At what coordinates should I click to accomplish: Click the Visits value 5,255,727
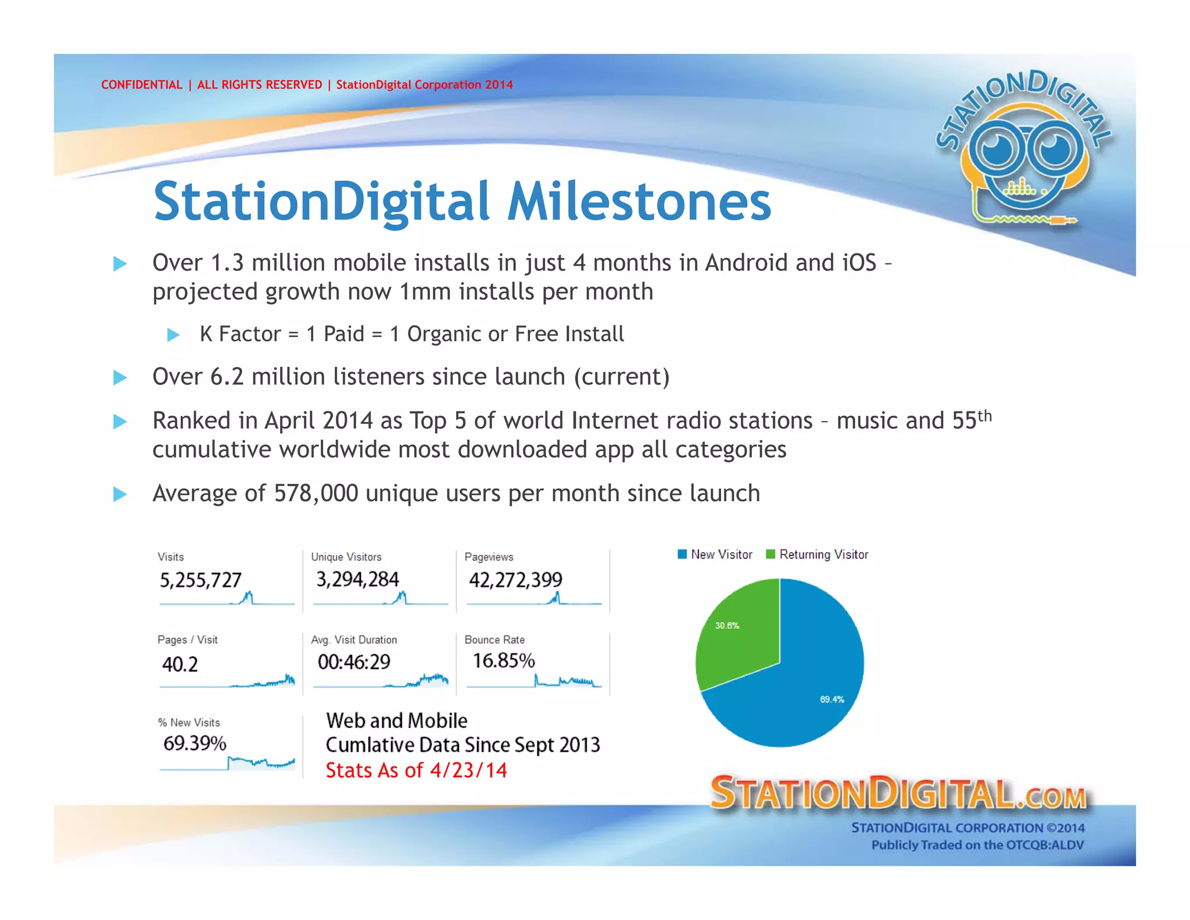point(200,580)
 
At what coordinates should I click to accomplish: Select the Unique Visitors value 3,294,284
point(357,579)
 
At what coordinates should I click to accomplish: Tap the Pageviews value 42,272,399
point(515,580)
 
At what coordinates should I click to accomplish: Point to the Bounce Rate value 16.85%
point(503,661)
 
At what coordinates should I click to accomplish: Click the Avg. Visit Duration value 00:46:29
point(354,662)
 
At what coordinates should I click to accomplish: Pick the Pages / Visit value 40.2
point(180,664)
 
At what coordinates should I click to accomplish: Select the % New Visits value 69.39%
point(195,743)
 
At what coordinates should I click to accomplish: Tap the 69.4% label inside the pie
point(831,700)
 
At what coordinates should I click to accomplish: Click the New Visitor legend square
point(682,554)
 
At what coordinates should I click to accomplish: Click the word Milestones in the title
point(639,202)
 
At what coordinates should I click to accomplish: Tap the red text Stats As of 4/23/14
point(416,771)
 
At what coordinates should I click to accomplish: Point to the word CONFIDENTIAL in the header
point(142,85)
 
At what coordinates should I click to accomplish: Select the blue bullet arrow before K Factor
point(173,335)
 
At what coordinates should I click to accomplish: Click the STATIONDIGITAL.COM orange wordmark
point(898,794)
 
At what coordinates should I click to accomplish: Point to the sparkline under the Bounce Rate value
point(567,681)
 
